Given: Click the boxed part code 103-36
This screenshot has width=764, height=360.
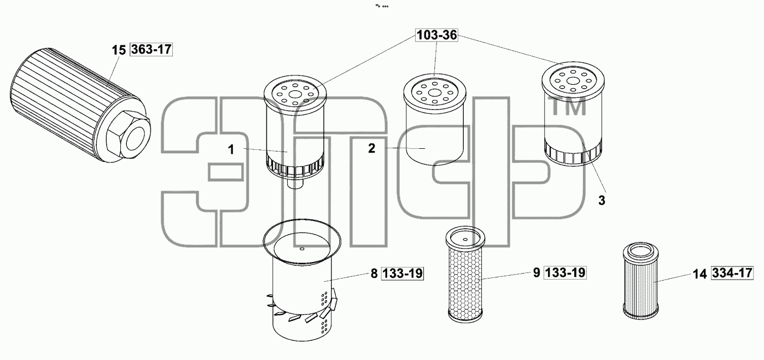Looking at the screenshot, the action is pos(436,35).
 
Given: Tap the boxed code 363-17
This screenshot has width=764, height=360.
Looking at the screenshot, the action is pos(151,49).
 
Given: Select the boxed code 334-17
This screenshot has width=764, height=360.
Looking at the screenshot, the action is pos(732,272).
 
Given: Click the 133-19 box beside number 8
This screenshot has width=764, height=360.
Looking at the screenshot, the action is pos(403,274).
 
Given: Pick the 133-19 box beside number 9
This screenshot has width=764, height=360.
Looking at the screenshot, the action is pos(565,272).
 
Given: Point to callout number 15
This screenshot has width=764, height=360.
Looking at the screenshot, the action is pos(119,50).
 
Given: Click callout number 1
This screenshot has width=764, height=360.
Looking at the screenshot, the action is pos(231,149).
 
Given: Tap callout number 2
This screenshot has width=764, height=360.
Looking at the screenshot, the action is pos(371,148).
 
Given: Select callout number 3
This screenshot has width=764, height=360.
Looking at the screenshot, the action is pos(602,201).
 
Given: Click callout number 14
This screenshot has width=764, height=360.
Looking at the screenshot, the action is pos(700,274).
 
